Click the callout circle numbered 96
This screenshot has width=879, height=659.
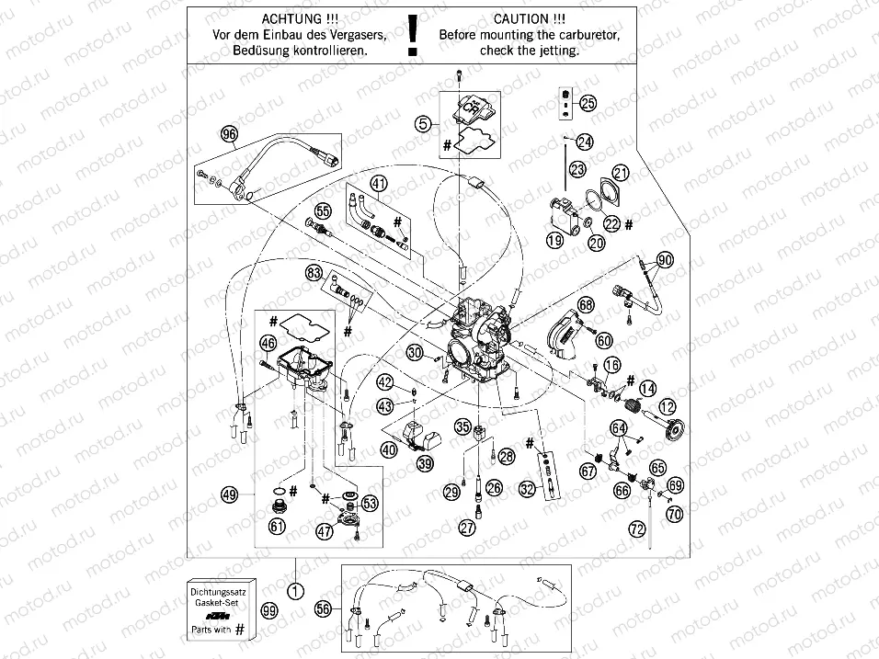[229, 133]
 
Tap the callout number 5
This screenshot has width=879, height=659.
[422, 122]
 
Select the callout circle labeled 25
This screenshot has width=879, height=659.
[588, 103]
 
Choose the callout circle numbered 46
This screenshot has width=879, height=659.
[268, 344]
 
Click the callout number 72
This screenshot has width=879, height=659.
[635, 528]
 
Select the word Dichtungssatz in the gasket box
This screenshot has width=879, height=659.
[220, 584]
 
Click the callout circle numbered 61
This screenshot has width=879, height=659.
[277, 526]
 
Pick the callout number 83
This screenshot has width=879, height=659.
[314, 273]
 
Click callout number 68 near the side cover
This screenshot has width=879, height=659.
[586, 304]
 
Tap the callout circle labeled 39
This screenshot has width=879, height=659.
[424, 464]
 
